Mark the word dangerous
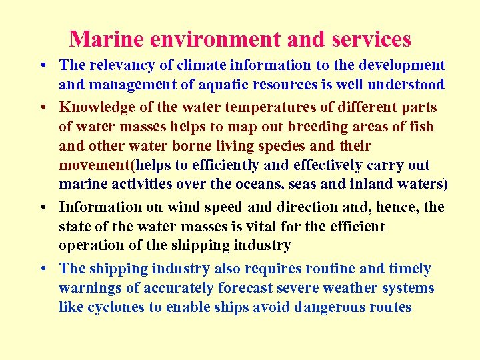coord(326,307)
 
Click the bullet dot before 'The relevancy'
coord(42,66)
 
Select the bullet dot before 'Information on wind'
coord(42,208)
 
